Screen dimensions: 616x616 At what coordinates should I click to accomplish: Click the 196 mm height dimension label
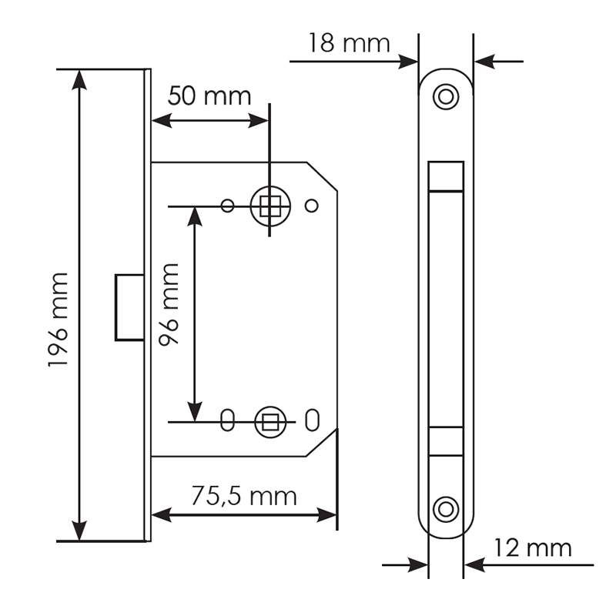[x=59, y=320]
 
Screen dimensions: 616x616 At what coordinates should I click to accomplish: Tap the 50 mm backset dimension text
[x=209, y=96]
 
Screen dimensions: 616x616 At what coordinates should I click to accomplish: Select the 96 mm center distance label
[x=169, y=304]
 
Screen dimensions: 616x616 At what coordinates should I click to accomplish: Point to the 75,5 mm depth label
[x=244, y=496]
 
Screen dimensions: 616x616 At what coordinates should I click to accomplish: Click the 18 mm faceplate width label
[x=350, y=43]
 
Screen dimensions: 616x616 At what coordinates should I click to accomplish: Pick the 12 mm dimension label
[x=532, y=548]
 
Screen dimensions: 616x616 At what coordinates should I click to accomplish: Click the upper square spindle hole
[x=270, y=206]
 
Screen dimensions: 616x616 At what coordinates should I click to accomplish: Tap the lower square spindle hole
[x=270, y=422]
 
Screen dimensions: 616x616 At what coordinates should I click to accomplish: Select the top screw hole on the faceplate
[x=446, y=96]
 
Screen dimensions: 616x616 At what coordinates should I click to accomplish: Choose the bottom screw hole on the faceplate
[x=446, y=509]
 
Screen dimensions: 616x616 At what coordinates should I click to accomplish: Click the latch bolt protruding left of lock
[x=129, y=307]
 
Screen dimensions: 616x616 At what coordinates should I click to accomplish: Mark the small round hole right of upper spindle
[x=312, y=206]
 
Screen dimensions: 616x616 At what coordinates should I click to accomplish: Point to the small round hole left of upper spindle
[x=227, y=206]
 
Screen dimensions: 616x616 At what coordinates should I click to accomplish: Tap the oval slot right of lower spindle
[x=313, y=420]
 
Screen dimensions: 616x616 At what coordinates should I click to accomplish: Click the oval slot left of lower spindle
[x=227, y=420]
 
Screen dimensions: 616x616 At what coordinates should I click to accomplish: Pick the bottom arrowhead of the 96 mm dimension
[x=195, y=412]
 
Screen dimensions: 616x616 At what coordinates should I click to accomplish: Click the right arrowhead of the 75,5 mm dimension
[x=326, y=514]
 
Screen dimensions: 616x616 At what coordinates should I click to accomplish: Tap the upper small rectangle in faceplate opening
[x=446, y=176]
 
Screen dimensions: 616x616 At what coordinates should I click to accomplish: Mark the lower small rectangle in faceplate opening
[x=446, y=441]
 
